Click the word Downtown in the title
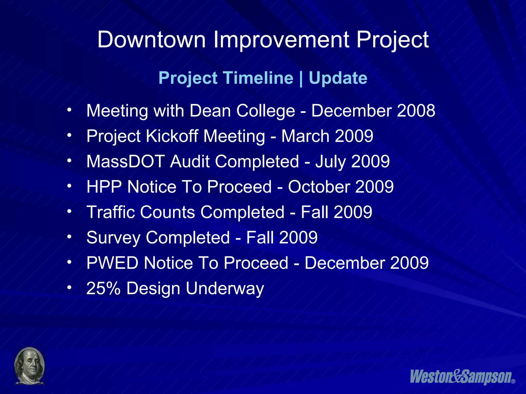point(152,40)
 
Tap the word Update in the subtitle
point(338,78)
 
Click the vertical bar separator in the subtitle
point(301,78)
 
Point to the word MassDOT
point(126,162)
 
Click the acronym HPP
point(104,187)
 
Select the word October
point(318,187)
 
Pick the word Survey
point(113,238)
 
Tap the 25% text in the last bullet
point(103,288)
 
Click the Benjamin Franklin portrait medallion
point(30,366)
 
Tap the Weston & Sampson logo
point(461,377)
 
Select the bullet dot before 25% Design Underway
point(69,288)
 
